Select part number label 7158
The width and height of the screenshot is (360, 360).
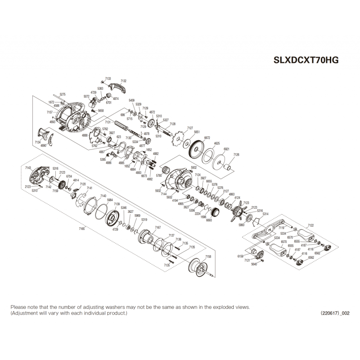pyautogui.click(x=207, y=256)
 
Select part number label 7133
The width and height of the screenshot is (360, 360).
pyautogui.click(x=108, y=79)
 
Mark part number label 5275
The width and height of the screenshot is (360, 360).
pyautogui.click(x=63, y=94)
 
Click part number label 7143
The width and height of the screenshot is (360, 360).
pyautogui.click(x=28, y=167)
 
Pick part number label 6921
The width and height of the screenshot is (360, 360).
pyautogui.click(x=226, y=149)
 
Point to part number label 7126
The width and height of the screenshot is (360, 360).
pyautogui.click(x=237, y=155)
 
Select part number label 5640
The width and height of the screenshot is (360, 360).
pyautogui.click(x=254, y=264)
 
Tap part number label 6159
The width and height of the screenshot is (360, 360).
pyautogui.click(x=240, y=256)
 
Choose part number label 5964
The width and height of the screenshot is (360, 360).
pyautogui.click(x=110, y=200)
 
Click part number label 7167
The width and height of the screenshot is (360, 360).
pyautogui.click(x=158, y=228)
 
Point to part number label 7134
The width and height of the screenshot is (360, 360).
pyautogui.click(x=37, y=142)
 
